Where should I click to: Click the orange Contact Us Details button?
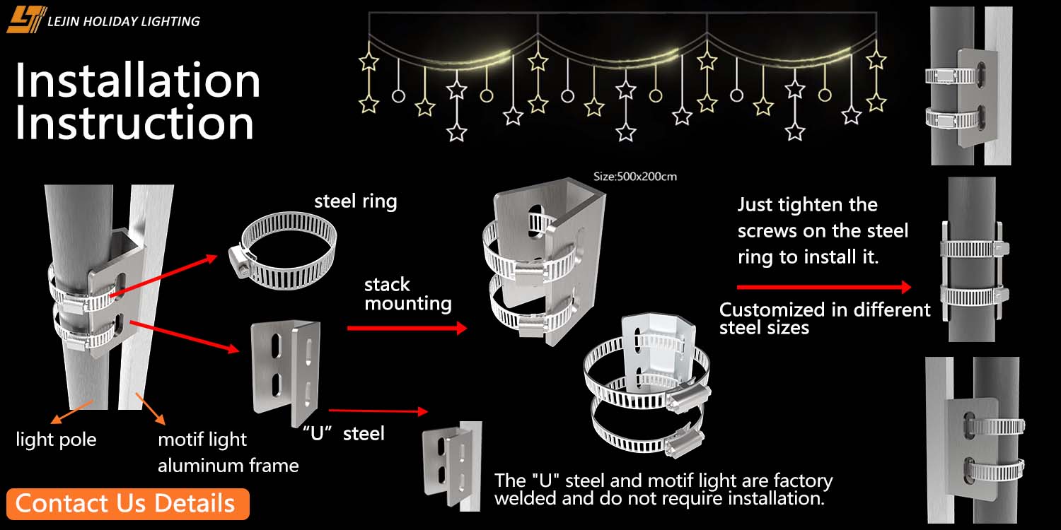127,504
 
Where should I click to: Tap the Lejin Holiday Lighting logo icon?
25,20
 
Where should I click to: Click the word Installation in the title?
138,81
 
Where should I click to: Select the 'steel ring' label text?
355,201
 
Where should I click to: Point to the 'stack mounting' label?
407,294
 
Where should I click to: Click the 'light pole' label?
56,440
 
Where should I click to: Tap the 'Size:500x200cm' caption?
634,177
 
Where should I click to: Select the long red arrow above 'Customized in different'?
824,287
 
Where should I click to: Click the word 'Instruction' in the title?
134,124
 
